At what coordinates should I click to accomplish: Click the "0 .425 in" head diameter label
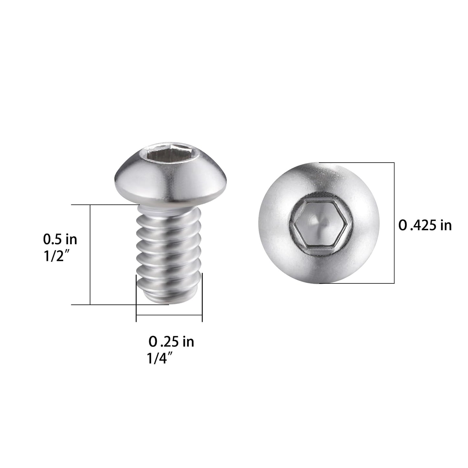pos(425,225)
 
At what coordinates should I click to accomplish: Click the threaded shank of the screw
pos(168,246)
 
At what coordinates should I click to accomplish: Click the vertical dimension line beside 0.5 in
pos(90,255)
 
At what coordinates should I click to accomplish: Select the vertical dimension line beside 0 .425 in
pos(394,223)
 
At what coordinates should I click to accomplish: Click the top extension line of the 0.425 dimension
pos(356,163)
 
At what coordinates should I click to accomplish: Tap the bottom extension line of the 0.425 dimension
pos(356,283)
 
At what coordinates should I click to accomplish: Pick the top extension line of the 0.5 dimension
pos(104,205)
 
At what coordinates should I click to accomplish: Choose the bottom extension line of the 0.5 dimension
pos(104,304)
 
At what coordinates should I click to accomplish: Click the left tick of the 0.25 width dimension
pos(136,298)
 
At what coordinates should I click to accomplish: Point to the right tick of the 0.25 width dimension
pos(202,298)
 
